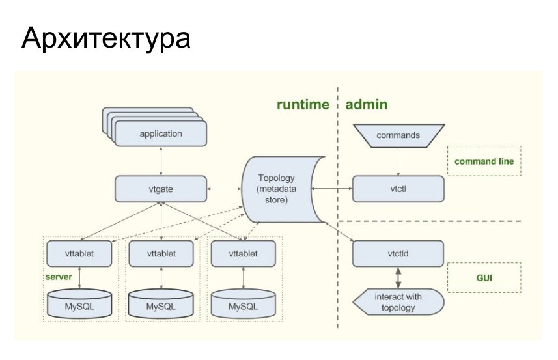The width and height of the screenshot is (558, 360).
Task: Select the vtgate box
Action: [x=161, y=189]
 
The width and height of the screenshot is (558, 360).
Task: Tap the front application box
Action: [x=161, y=133]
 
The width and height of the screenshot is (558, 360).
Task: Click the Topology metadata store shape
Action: [x=281, y=189]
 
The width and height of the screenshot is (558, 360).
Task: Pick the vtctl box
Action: [x=398, y=189]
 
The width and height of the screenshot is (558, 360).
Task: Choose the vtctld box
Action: [x=398, y=254]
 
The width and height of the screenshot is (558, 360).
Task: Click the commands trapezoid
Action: [x=398, y=135]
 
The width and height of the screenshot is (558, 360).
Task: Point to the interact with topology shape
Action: [x=398, y=302]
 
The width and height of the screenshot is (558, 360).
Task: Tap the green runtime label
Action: [x=303, y=104]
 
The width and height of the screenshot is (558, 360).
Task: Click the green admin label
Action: [x=367, y=104]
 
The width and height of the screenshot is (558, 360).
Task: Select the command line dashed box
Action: [x=484, y=161]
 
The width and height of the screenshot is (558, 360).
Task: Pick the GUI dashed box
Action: [x=484, y=278]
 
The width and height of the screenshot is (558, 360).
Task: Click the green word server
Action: [x=59, y=277]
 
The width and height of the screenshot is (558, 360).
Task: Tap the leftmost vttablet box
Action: [x=79, y=254]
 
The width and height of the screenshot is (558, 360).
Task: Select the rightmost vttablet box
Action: [x=244, y=254]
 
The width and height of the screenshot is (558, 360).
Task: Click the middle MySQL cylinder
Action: [x=161, y=303]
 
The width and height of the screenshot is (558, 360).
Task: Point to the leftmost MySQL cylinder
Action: [x=79, y=303]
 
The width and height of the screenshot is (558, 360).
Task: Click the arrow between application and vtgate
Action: [x=161, y=161]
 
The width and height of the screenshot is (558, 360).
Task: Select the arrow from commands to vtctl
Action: [x=398, y=161]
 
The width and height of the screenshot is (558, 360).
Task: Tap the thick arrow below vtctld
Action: [x=398, y=278]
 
